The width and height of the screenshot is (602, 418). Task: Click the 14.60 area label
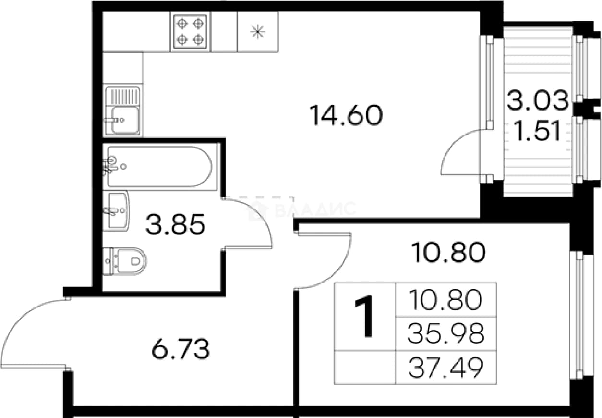346,115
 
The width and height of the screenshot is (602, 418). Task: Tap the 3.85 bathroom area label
176,224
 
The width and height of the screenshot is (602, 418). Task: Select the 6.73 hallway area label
181,349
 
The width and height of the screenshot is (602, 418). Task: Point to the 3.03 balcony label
538,100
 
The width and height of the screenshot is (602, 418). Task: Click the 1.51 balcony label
538,131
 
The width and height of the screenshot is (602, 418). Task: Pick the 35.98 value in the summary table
446,334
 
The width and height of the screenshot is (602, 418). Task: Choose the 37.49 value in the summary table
446,368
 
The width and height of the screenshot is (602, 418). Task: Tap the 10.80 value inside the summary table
446,300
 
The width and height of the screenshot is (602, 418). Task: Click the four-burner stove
190,32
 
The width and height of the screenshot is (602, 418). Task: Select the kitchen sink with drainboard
122,111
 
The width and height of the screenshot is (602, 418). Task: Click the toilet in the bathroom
124,261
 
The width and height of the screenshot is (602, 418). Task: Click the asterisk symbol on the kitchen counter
257,32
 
